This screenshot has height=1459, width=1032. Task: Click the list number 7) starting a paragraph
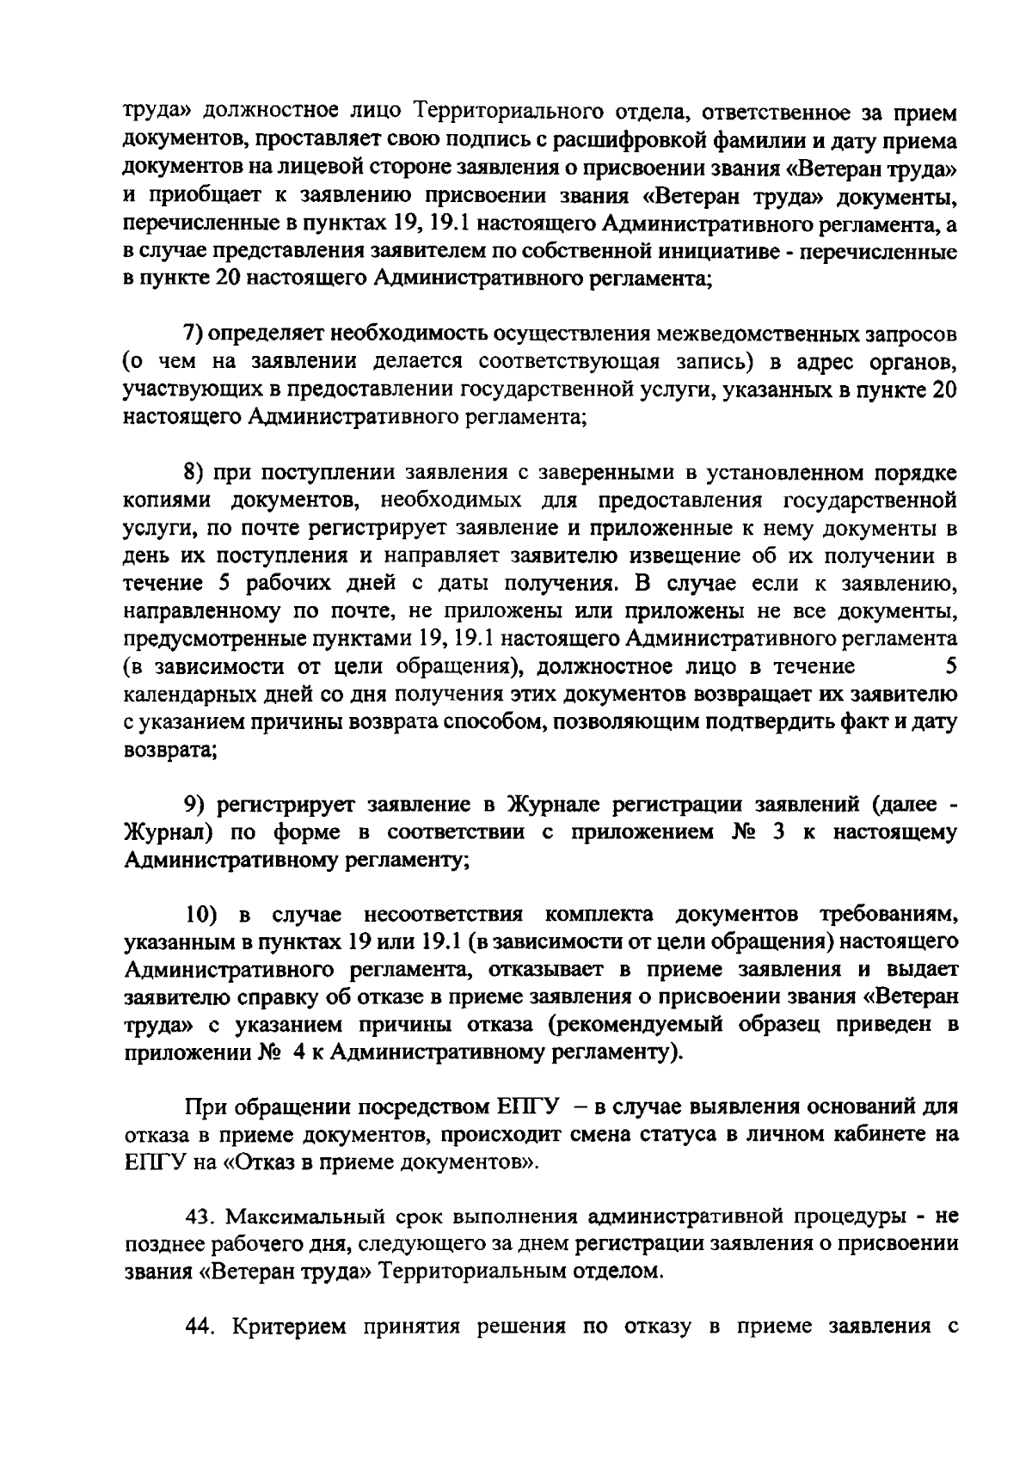coord(194,333)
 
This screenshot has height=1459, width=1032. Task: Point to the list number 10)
coord(203,914)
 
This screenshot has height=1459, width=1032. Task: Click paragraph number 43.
coord(200,1217)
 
